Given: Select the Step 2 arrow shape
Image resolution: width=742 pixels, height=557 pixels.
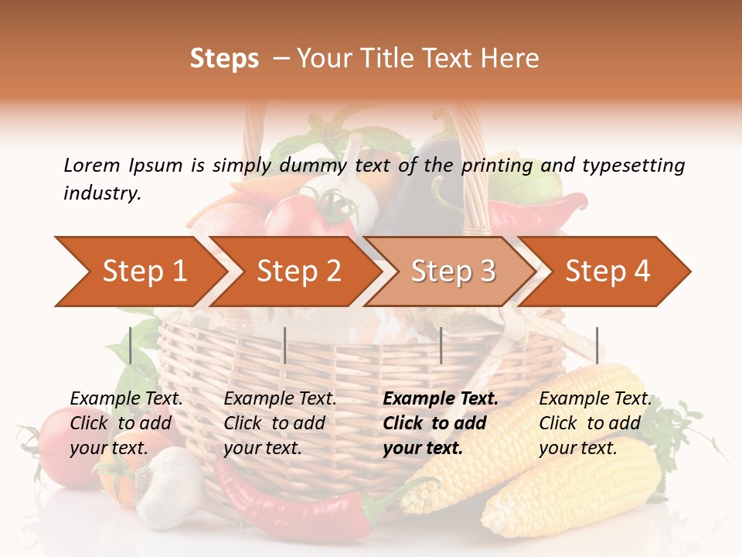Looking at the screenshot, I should tap(298, 272).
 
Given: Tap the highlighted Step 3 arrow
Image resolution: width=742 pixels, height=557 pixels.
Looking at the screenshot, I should tap(452, 272).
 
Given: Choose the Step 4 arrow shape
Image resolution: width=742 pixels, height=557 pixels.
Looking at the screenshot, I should tap(607, 272).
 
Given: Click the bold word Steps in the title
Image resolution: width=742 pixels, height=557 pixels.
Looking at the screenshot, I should tap(224, 59).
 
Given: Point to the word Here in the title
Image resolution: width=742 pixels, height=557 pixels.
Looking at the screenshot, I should tap(509, 59).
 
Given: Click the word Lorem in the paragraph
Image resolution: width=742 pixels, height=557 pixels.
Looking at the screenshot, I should tap(91, 165).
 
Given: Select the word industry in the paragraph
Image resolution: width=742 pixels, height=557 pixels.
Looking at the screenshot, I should tap(102, 193).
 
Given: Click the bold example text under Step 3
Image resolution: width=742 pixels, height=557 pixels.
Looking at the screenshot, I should tap(441, 423).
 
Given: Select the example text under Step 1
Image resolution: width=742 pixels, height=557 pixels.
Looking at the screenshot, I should tap(126, 423).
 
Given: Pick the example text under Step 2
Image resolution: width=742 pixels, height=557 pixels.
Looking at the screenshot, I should tap(280, 423).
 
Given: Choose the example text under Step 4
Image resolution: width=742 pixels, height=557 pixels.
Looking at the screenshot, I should tap(595, 423).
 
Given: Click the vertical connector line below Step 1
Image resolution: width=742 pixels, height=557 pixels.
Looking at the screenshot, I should tap(131, 345).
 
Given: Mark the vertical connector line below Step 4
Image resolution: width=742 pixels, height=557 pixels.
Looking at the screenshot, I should tap(597, 345).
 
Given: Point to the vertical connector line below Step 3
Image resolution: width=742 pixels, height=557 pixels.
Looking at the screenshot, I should tap(441, 345).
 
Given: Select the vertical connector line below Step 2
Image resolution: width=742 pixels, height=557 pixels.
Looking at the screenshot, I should tap(285, 345).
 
